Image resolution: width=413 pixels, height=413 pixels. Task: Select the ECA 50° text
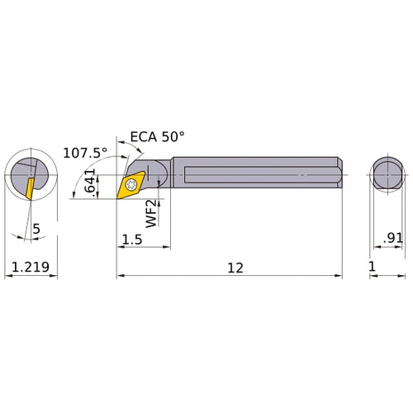(157, 137)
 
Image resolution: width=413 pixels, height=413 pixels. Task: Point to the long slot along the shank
(248, 175)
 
